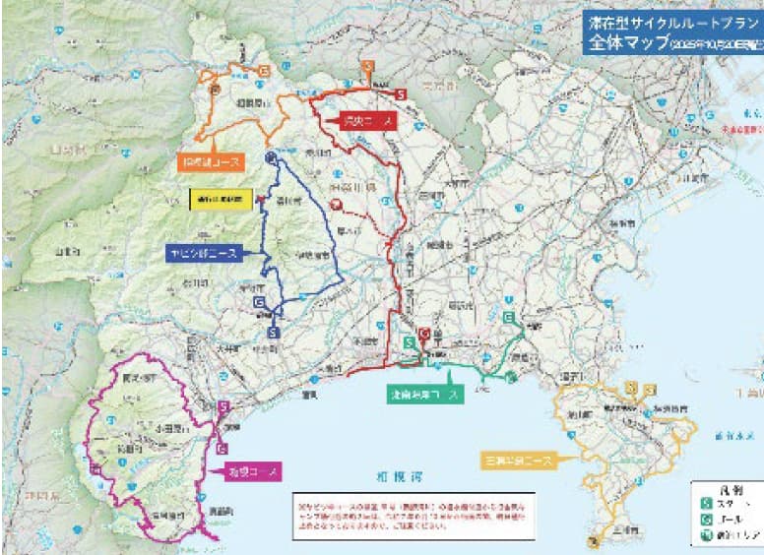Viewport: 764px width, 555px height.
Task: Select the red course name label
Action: click(366, 121)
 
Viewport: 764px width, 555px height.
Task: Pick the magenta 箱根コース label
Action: click(253, 469)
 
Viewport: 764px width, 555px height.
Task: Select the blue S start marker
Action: click(275, 333)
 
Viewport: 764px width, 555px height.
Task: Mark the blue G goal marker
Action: click(259, 302)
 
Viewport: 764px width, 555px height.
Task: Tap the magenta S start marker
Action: click(223, 406)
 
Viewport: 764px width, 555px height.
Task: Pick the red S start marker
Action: click(402, 93)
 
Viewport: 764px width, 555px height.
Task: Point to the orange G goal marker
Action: click(264, 71)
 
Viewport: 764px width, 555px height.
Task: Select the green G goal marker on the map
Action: click(509, 318)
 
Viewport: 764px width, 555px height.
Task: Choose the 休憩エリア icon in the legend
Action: click(706, 536)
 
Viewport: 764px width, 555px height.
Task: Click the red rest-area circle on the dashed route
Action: click(338, 206)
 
